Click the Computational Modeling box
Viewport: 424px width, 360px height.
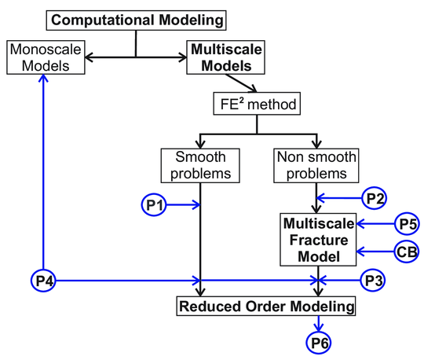[x=138, y=18]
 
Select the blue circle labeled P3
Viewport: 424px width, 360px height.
[x=374, y=279]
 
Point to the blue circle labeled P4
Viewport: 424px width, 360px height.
[x=43, y=279]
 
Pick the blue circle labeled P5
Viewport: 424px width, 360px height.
[x=407, y=223]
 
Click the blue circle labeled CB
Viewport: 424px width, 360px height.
[x=407, y=252]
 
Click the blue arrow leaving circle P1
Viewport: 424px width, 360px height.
[x=185, y=205]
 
